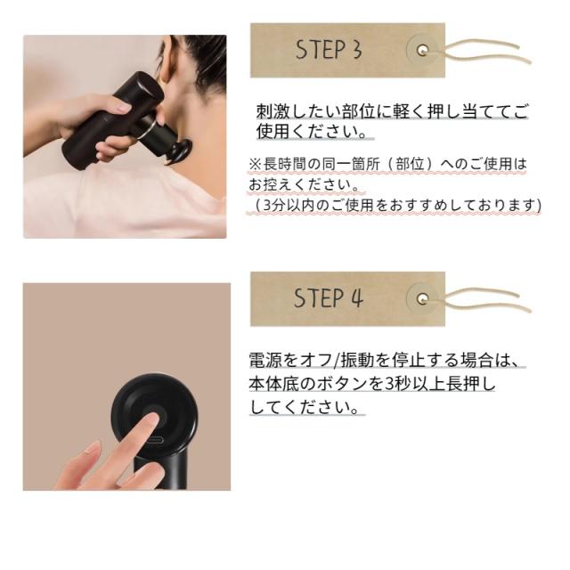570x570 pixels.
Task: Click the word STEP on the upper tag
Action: (321, 50)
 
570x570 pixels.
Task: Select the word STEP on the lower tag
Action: (319, 298)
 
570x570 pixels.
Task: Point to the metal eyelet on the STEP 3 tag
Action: (422, 50)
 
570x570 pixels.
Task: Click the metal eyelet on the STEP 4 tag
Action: (422, 299)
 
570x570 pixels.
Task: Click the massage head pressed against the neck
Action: (181, 150)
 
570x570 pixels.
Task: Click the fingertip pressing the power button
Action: (152, 420)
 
